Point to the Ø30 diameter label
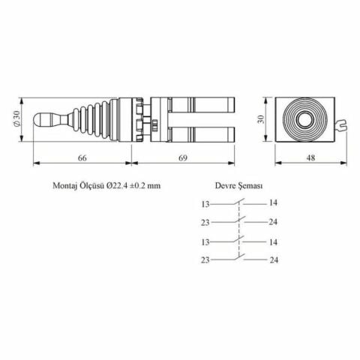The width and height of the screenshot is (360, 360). pyautogui.click(x=28, y=118)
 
